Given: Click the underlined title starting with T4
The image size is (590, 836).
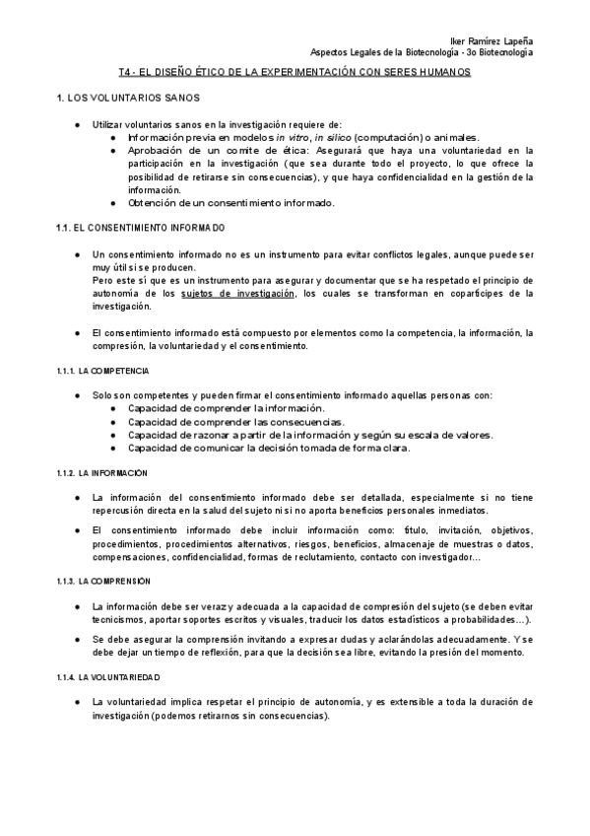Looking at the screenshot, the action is tap(295, 73).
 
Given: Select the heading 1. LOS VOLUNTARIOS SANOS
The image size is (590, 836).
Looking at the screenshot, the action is tap(128, 99).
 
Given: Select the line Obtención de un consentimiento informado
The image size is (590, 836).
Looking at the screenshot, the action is tap(231, 203).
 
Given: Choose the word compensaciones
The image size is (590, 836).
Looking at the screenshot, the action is tap(130, 558).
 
